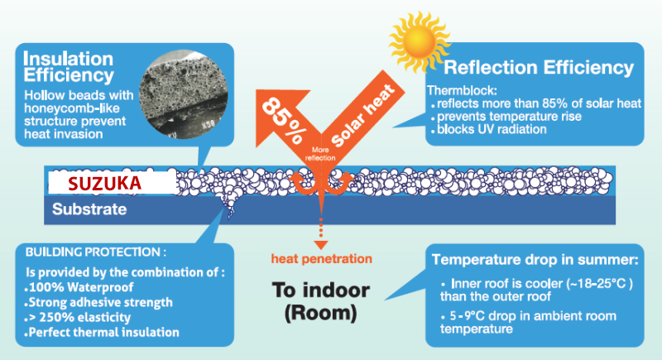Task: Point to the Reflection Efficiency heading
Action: tap(539, 67)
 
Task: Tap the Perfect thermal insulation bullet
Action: tap(103, 333)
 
